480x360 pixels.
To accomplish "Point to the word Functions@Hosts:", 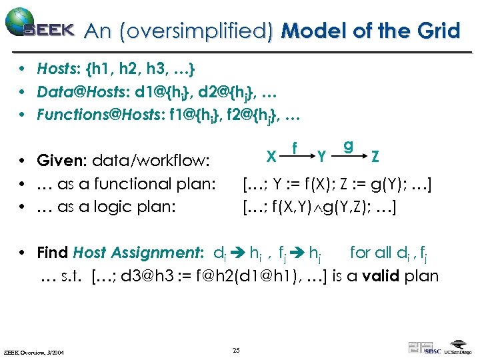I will point(91,115).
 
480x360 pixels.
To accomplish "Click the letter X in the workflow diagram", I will point(271,156).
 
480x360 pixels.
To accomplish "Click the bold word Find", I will point(53,253).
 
